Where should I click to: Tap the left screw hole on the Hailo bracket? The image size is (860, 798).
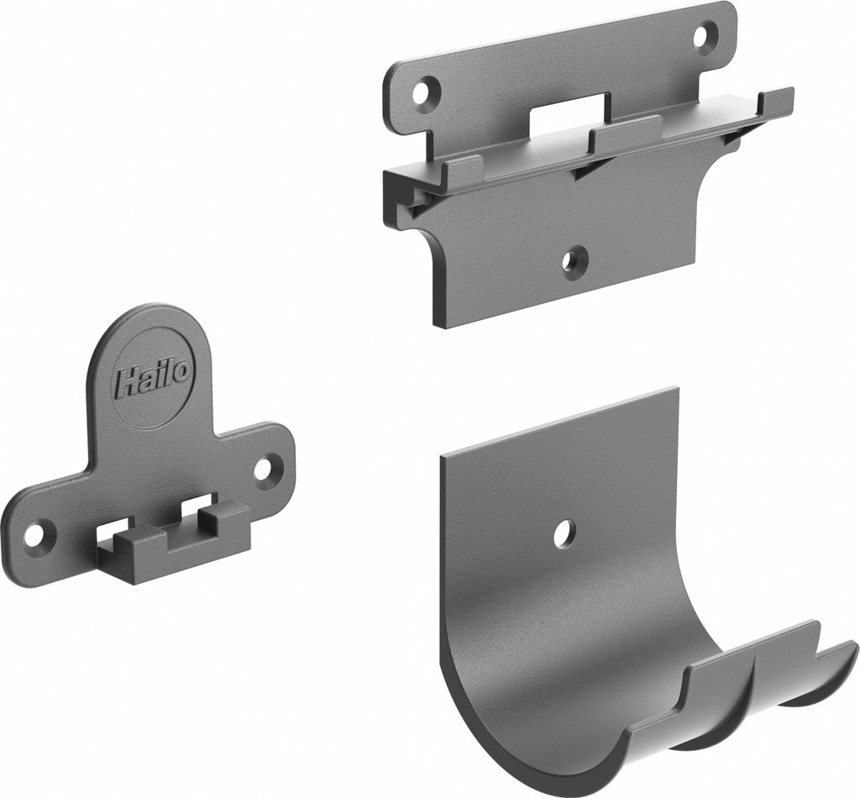point(38,533)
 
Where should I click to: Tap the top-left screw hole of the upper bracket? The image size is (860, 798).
point(427,92)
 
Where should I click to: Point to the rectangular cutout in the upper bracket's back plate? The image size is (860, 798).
point(567,113)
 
